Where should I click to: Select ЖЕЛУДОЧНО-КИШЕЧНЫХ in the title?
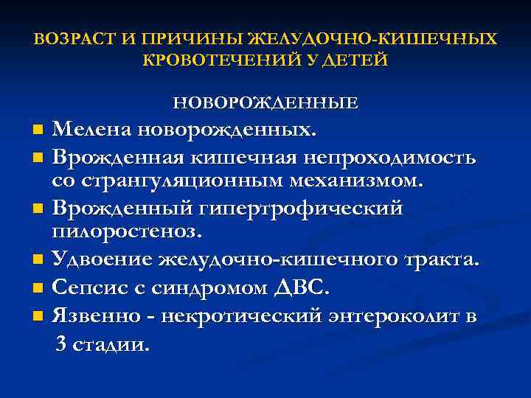point(374,38)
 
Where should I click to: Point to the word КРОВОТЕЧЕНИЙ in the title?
point(224,60)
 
